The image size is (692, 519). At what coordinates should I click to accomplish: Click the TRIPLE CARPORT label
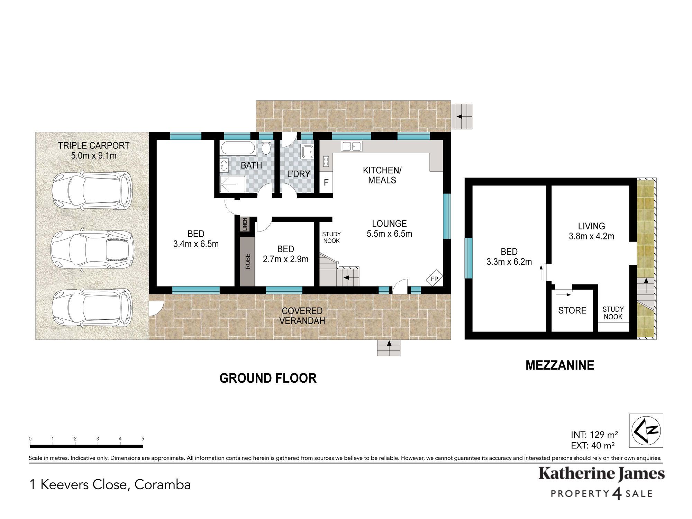point(94,146)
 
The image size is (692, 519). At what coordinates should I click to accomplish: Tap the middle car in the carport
point(92,249)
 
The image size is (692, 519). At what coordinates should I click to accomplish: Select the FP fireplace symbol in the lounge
point(435,278)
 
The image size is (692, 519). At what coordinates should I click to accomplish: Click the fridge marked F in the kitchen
point(326,182)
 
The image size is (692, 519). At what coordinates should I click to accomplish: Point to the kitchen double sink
point(352,146)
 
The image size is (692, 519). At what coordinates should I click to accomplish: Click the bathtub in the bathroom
point(238,148)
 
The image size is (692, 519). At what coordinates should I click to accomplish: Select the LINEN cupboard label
point(245,224)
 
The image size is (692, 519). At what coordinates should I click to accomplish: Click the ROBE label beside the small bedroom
point(248,261)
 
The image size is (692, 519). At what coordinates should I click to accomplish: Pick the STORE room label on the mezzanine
point(572,310)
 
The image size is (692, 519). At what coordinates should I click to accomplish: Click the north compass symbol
point(646,431)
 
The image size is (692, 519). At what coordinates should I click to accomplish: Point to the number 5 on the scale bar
point(143,439)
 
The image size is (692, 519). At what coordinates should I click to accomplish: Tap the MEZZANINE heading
point(560,365)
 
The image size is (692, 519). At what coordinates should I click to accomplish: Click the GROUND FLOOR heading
point(268,378)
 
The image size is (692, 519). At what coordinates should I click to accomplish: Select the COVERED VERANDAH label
point(302,316)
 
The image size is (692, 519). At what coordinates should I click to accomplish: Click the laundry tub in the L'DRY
point(307,152)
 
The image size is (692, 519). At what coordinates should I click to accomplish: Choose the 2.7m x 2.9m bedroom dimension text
point(285,259)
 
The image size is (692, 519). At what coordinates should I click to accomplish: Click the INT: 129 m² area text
point(594,435)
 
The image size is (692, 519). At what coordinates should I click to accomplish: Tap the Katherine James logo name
point(601,474)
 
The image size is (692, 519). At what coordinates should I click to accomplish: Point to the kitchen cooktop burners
point(326,161)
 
